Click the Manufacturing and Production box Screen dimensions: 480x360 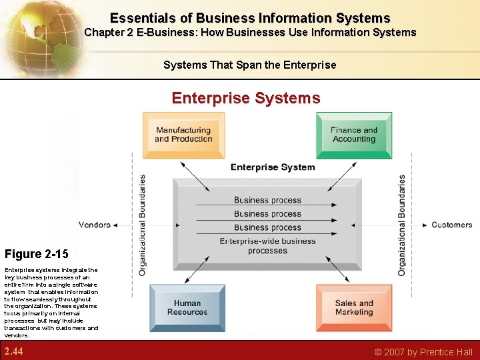click(183, 135)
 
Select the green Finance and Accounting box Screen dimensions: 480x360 click(353, 135)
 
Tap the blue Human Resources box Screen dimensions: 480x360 click(187, 307)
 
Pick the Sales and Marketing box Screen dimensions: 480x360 click(353, 307)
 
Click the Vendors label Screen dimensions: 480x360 click(95, 225)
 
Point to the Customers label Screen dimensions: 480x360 click(451, 225)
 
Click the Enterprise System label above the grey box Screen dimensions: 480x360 click(273, 167)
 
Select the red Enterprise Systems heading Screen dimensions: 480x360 click(245, 98)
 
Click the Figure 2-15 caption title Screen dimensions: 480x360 click(36, 254)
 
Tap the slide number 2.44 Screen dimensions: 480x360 click(13, 351)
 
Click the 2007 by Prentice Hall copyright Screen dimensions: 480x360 click(423, 352)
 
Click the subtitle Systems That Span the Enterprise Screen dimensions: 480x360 click(249, 65)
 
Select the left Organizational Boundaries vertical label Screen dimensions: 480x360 click(142, 225)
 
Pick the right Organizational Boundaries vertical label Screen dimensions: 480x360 click(401, 225)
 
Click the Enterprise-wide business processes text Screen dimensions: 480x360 click(267, 246)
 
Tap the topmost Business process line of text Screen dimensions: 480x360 click(267, 200)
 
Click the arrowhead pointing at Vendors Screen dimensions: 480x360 click(115, 225)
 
